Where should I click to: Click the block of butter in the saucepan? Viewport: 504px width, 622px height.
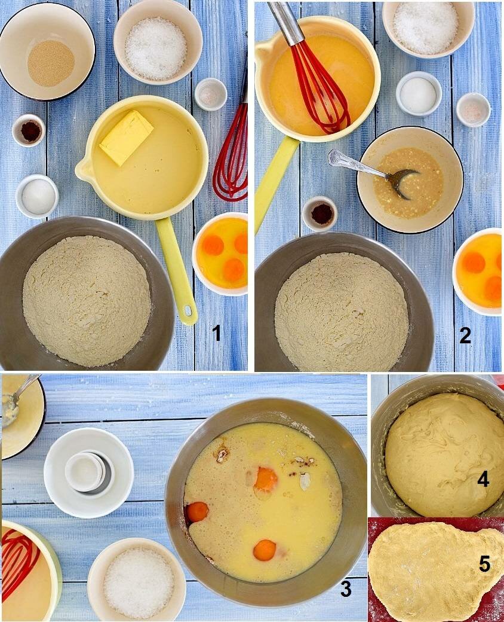[127, 137]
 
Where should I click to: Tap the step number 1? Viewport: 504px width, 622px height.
[217, 333]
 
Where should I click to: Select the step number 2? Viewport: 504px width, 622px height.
[465, 336]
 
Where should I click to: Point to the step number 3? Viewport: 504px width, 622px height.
[346, 589]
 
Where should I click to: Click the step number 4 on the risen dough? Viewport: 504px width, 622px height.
[483, 480]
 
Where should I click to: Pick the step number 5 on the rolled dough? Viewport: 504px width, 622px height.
[484, 563]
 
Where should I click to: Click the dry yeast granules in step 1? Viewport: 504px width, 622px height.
[51, 63]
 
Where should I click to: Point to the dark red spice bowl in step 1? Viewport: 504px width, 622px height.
[29, 130]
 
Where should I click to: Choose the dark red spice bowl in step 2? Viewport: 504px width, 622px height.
[319, 214]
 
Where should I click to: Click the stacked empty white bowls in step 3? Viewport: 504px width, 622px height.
[88, 473]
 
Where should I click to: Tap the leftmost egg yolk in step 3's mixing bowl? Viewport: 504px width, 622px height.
[197, 512]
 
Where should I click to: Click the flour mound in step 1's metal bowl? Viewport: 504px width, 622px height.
[87, 301]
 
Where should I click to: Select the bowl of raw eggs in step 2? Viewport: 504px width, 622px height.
[477, 272]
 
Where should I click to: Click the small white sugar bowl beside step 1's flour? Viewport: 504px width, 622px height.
[37, 196]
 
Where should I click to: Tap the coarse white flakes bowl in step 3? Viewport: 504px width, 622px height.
[137, 580]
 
